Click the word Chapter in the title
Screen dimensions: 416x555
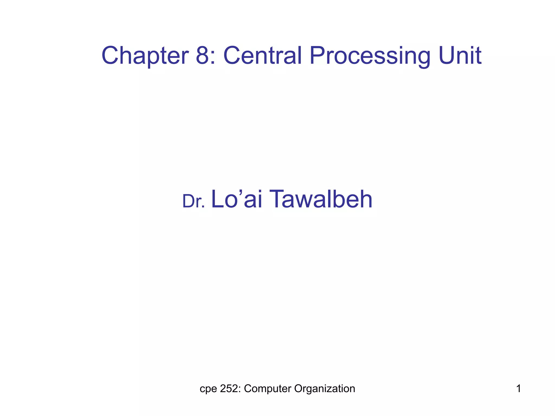point(145,56)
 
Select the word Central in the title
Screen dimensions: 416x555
point(262,56)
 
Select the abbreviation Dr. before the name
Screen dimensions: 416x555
point(193,201)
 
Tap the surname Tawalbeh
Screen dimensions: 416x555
point(321,200)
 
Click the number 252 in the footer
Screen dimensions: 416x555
point(229,389)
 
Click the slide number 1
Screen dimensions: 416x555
point(518,389)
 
